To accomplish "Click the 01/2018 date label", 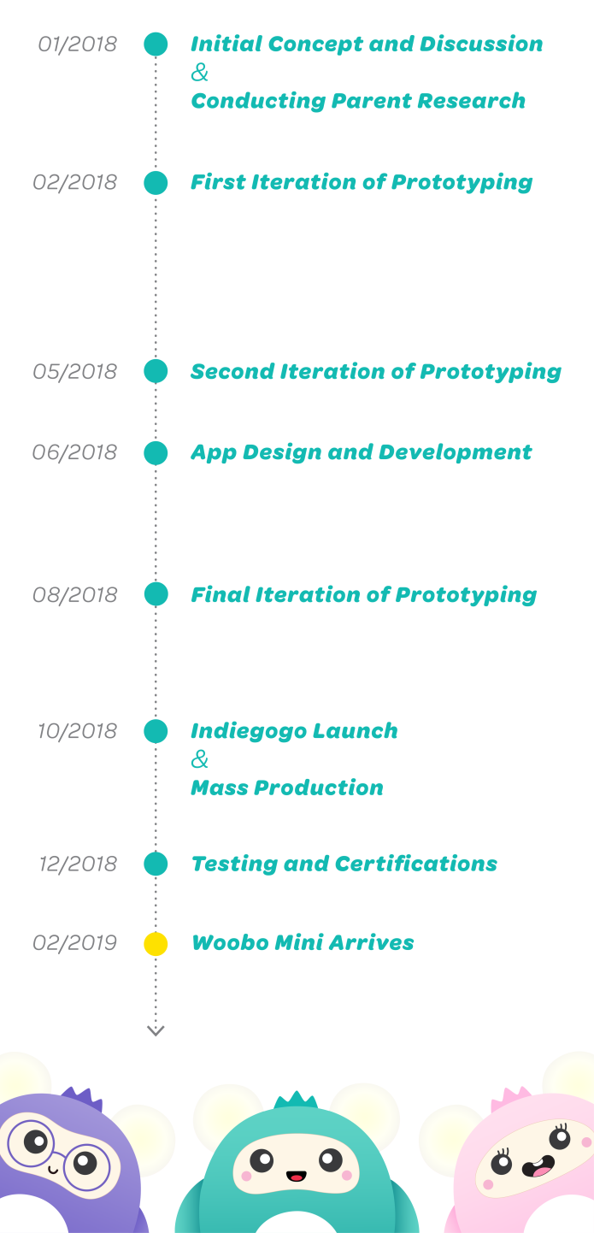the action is click(78, 44).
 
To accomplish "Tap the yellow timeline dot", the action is click(156, 943).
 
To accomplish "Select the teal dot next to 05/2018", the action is click(156, 371).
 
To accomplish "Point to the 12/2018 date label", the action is click(78, 864).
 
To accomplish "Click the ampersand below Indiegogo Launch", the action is click(200, 759).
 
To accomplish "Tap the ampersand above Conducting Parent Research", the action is click(200, 72).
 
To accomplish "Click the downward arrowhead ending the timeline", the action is click(156, 1030).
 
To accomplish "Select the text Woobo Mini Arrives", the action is click(303, 943).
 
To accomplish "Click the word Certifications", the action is click(415, 864).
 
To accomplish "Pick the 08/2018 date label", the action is click(75, 595).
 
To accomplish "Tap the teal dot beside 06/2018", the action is click(156, 452).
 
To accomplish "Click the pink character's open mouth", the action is click(539, 1165).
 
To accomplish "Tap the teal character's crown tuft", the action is click(297, 1100).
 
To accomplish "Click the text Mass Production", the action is click(287, 788).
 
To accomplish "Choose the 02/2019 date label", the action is click(75, 943).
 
